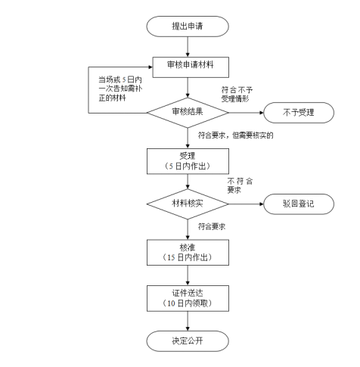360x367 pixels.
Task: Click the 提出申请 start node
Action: point(188,26)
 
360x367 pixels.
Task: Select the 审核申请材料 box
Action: point(191,67)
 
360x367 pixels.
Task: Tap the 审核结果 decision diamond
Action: point(188,113)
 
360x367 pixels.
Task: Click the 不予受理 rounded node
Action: point(299,113)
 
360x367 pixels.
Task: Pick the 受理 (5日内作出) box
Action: point(188,161)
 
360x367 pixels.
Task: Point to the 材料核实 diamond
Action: point(188,204)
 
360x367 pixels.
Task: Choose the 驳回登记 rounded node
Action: point(299,204)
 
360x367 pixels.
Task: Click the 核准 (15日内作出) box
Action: point(188,253)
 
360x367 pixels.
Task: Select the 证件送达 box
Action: point(188,298)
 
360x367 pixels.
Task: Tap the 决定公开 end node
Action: point(188,341)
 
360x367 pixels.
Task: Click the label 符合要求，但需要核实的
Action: point(235,135)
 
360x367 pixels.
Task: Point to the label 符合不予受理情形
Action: point(237,94)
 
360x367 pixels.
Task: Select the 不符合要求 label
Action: point(240,185)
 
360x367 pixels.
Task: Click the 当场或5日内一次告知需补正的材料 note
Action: point(120,89)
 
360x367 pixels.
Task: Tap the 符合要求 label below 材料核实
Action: point(212,226)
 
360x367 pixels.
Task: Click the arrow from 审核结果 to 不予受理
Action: point(246,113)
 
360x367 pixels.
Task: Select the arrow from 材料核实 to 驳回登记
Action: point(246,204)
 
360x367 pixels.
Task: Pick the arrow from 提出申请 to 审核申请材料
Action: point(188,47)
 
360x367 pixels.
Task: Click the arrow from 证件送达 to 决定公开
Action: point(188,321)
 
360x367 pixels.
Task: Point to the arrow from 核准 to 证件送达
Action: point(188,275)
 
